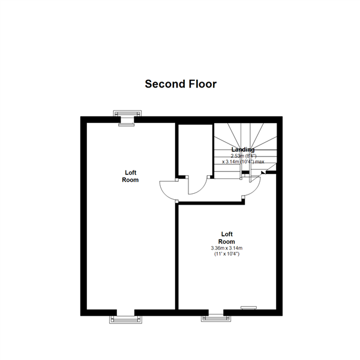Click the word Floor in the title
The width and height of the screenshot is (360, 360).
[201, 84]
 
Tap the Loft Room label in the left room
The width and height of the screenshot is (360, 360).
[130, 176]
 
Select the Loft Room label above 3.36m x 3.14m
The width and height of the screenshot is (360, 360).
[227, 238]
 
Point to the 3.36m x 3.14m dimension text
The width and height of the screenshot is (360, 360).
[227, 248]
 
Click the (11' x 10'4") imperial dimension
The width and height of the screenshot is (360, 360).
[227, 254]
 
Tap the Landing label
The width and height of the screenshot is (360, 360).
[243, 149]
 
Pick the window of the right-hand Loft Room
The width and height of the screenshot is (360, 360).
[215, 316]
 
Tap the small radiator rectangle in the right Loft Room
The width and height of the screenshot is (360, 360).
[248, 307]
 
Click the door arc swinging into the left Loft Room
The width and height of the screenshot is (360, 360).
[167, 191]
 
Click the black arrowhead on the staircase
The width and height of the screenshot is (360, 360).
[264, 172]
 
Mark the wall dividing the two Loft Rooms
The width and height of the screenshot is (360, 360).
[176, 258]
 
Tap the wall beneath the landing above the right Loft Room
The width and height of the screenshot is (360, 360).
[210, 203]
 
